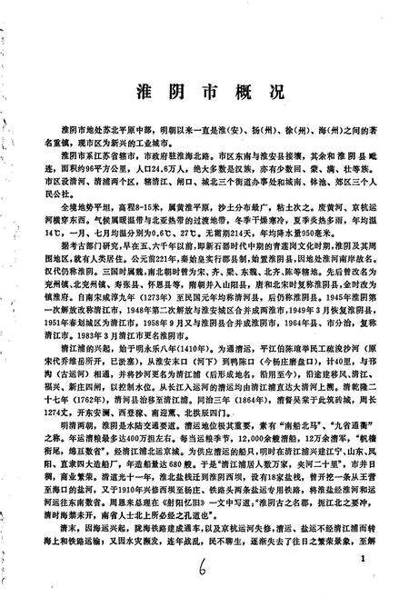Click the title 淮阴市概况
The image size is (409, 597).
[202, 95]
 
